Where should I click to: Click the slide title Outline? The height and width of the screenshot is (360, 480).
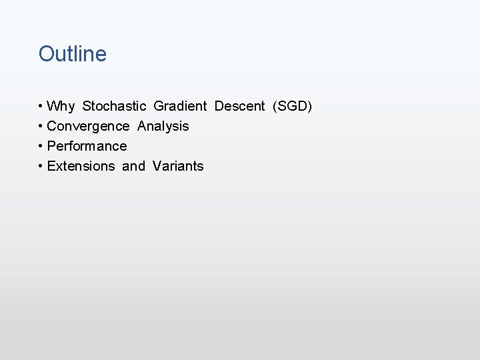click(x=73, y=54)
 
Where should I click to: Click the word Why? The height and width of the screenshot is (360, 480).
click(x=61, y=106)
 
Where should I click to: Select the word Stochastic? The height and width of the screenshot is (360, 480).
click(x=114, y=106)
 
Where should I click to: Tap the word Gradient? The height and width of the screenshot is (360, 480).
click(x=180, y=106)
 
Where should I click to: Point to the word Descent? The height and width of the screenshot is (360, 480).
click(x=239, y=106)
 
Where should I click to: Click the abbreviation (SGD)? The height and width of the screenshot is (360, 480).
click(x=292, y=106)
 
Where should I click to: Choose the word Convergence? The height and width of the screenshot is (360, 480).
click(x=88, y=126)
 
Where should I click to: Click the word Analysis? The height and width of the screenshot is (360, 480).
click(x=163, y=126)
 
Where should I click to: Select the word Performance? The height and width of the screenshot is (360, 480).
click(x=87, y=146)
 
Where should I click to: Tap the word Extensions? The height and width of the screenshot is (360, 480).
click(x=81, y=166)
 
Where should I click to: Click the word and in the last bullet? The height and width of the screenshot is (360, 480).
click(x=133, y=166)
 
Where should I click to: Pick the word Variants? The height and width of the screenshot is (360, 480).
click(x=178, y=166)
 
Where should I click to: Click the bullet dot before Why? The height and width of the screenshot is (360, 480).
click(x=41, y=107)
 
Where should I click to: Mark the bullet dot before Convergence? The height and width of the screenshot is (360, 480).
click(x=41, y=127)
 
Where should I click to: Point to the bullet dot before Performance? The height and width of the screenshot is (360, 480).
click(x=41, y=147)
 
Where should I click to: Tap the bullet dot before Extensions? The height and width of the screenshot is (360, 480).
click(x=41, y=167)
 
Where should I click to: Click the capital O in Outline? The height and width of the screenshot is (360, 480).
click(x=47, y=54)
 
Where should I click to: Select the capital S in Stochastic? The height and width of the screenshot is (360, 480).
click(x=87, y=106)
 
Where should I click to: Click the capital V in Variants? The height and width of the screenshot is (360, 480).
click(x=157, y=166)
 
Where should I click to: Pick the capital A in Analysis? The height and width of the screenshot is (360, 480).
click(x=142, y=126)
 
